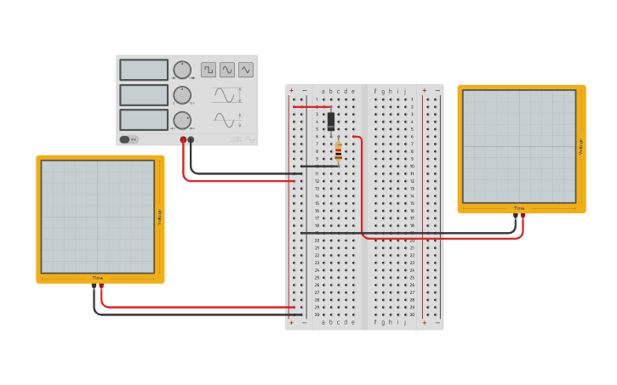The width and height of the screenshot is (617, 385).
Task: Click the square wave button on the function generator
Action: pos(209,70)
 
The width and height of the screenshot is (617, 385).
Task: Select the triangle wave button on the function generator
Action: pos(246,70)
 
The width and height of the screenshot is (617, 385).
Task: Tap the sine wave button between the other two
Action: pos(227,70)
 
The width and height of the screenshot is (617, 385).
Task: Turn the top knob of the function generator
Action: pos(182,70)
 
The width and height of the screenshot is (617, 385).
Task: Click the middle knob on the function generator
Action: pos(182,95)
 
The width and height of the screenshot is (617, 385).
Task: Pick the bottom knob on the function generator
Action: pos(182,120)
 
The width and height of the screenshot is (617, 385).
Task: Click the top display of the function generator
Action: pos(144,70)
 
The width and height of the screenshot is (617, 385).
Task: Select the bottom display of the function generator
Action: pos(144,120)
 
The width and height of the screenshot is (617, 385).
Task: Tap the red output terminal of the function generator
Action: pos(183,139)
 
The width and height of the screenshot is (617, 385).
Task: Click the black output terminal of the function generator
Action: pos(191,139)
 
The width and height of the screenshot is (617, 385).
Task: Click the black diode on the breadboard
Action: pos(331,121)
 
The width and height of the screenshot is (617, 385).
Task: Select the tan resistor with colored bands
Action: pos(339,151)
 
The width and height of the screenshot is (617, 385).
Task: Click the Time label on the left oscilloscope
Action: pos(98,278)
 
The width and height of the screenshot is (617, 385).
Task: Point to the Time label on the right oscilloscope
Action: pos(519,208)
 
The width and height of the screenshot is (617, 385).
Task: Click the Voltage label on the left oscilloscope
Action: pos(158,218)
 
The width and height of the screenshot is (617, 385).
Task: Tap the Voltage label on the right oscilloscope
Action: pos(580,146)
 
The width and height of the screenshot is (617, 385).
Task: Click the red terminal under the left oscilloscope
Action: pos(102,287)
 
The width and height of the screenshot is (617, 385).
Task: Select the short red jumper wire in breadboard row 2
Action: pos(311,107)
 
